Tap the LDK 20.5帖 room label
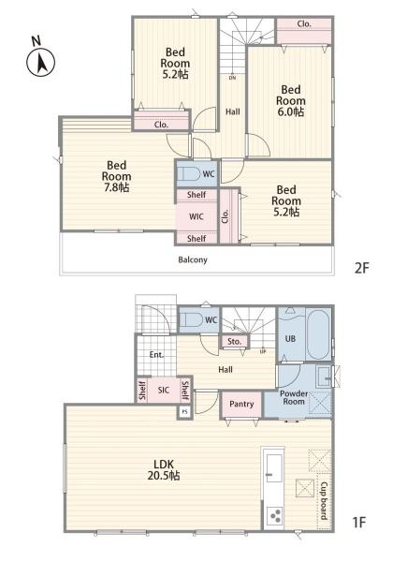164,470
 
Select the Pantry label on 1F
241,404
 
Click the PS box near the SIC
184,412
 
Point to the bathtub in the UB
318,334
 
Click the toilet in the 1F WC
191,319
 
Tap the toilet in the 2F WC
189,174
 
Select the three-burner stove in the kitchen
274,516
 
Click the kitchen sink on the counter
274,468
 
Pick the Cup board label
324,501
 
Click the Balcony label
193,259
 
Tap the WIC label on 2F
196,216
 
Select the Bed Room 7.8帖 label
116,176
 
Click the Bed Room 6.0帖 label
291,101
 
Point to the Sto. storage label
235,342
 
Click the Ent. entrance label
156,355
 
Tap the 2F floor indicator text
361,268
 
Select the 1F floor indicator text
359,523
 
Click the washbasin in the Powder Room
325,377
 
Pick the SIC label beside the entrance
163,390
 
